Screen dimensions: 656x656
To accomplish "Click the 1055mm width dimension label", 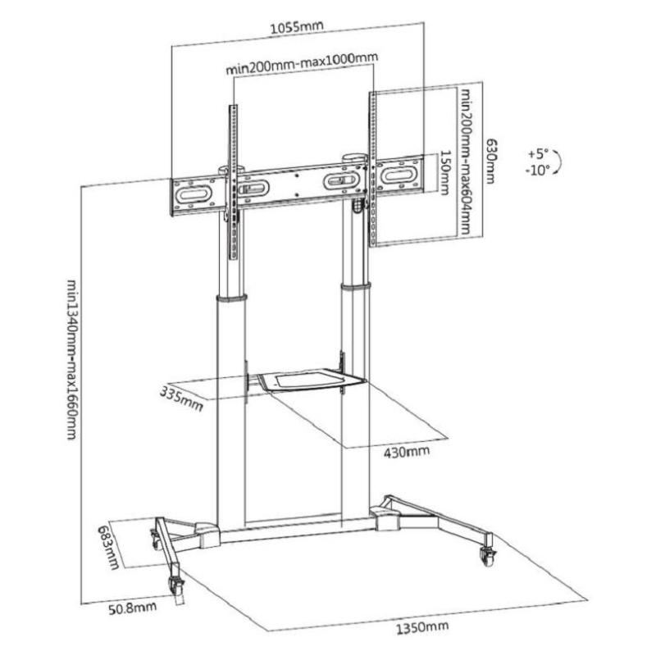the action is coord(297,27).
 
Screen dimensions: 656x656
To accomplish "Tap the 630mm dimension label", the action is coord(490,162).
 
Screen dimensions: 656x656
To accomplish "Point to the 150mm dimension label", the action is coord(444,173).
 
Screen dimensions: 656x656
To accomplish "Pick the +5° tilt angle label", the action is coord(538,154).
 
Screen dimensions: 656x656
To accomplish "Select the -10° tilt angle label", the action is coord(538,170).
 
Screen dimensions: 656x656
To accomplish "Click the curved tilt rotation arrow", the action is coord(558,162).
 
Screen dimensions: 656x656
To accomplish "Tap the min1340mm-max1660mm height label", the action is coord(72,360).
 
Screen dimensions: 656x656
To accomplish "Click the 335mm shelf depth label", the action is coord(181,399).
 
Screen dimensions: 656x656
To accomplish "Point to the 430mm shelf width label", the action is coord(407,452).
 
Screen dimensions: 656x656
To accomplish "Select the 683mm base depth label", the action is coord(109,547).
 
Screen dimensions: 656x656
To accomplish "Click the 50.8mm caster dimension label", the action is coord(133,608).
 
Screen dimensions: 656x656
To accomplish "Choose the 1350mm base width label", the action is coord(422,627).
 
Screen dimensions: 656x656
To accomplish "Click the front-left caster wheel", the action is coord(176,584).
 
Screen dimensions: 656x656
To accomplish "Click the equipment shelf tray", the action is coord(312,380).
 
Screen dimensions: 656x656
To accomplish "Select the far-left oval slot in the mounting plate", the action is coord(194,195).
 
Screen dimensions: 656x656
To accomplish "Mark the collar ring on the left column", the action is coord(231,298).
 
